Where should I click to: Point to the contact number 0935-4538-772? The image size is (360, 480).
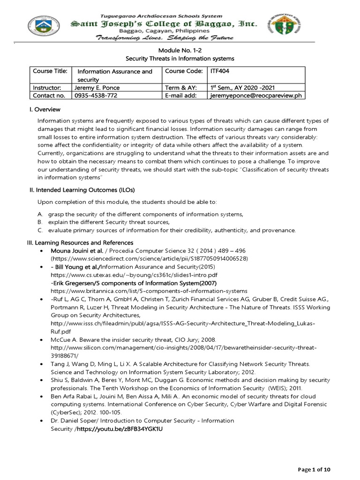click(96, 95)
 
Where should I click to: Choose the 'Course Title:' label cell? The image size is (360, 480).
click(50, 71)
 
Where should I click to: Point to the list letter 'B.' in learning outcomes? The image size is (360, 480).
click(40, 222)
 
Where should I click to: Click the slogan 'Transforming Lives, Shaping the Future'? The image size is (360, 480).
click(165, 38)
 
